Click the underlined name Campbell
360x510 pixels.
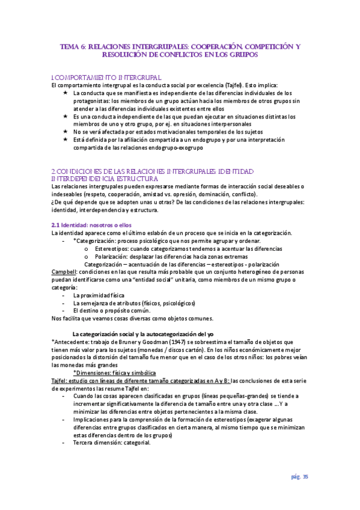tap(64, 272)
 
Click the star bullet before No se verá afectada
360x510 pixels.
tap(65, 131)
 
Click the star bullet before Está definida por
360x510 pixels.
tap(65, 139)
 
